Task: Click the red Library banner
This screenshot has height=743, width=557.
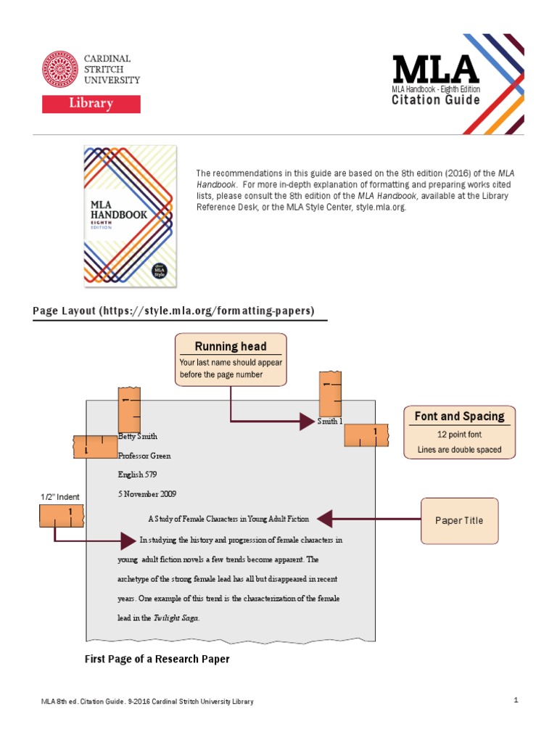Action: coord(91,103)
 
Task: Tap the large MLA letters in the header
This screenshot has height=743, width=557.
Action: coord(435,69)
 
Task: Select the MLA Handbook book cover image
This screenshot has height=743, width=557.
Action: coord(131,215)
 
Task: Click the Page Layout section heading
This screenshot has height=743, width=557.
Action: coord(173,311)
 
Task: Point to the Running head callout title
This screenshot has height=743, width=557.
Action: coord(231,346)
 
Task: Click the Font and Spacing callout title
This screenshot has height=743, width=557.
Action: coord(459,416)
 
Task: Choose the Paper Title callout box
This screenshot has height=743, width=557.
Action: coord(459,520)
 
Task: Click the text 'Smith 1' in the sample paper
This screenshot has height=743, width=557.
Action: coord(330,421)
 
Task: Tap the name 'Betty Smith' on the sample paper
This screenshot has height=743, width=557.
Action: coord(138,437)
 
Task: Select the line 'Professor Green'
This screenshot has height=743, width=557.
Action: coord(144,456)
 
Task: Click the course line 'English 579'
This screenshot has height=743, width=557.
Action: coord(137,475)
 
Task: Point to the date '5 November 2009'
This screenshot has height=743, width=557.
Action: coord(147,493)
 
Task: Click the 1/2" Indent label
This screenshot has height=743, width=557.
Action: coord(60,497)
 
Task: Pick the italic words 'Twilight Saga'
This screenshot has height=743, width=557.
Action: coord(176,618)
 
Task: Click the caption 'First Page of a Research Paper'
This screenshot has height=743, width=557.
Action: coord(157,660)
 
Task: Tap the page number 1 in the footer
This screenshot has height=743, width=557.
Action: coord(515,700)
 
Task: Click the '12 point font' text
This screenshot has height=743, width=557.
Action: coord(459,435)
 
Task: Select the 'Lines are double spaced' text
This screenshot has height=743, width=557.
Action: coord(459,450)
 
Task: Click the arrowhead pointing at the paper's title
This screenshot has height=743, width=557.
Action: coord(324,519)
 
